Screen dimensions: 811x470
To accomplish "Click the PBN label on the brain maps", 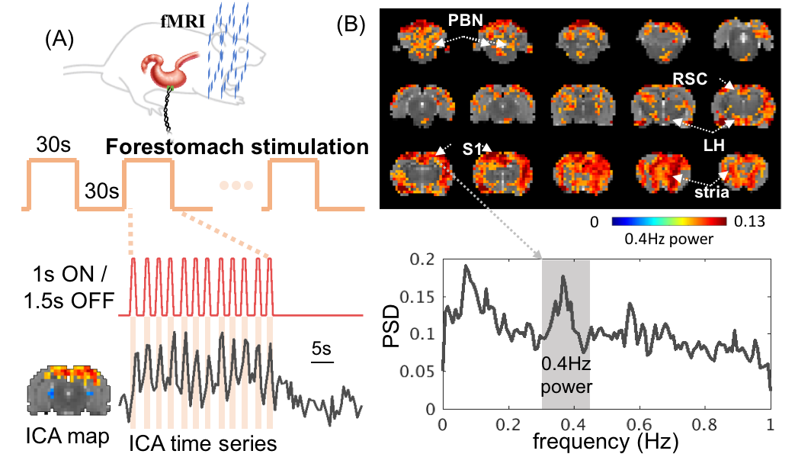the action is (x=466, y=20).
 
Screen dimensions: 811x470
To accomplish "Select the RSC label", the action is (x=690, y=78).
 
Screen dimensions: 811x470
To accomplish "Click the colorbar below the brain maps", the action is (x=668, y=221).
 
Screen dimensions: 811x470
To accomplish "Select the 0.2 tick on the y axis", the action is (x=422, y=259).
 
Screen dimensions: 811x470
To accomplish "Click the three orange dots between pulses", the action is (x=236, y=185).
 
